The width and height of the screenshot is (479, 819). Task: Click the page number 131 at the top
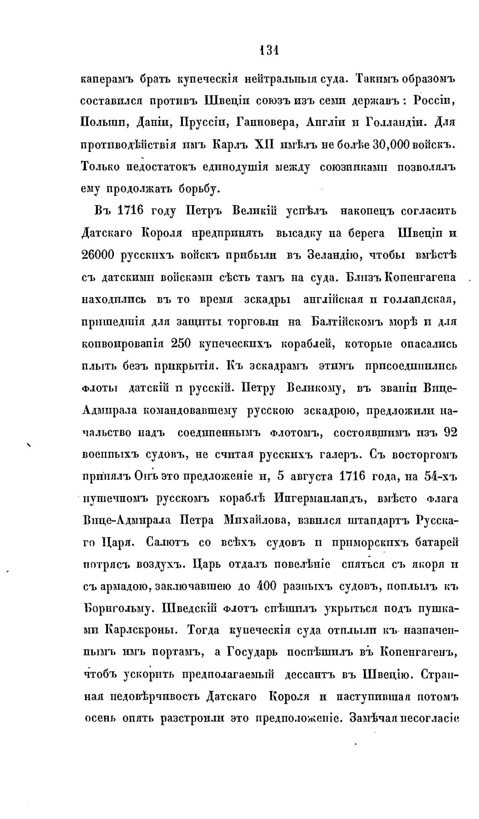point(269,50)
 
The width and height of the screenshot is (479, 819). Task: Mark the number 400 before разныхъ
point(266,586)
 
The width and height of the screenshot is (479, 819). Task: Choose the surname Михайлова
point(257,520)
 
